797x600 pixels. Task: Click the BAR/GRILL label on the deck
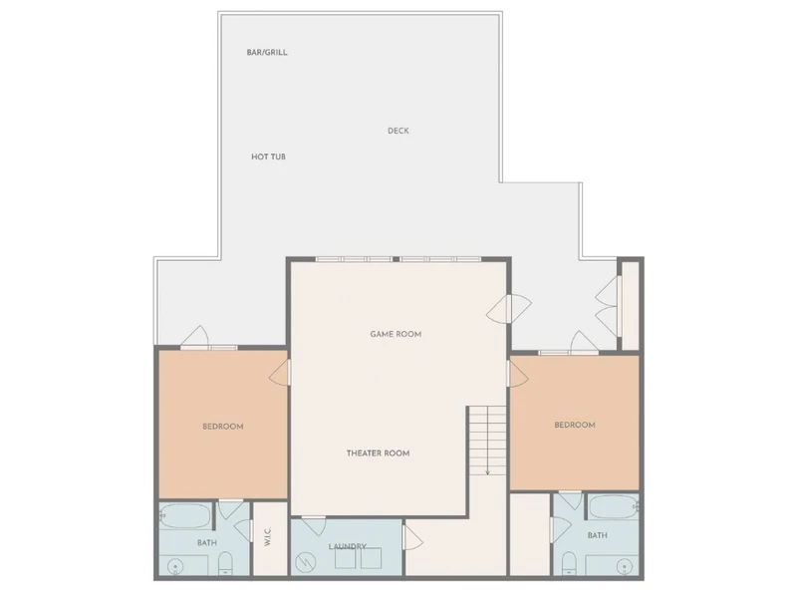(267, 53)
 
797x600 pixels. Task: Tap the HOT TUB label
(268, 156)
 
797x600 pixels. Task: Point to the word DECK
(398, 131)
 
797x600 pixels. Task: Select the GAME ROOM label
(396, 334)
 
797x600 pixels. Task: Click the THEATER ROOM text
(378, 453)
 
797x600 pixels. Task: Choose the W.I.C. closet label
(268, 537)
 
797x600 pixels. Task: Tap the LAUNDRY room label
(347, 546)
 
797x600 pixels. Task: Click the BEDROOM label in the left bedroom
(222, 427)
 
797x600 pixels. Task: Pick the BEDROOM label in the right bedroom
(575, 426)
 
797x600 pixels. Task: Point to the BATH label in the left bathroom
(207, 543)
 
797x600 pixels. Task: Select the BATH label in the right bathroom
(597, 535)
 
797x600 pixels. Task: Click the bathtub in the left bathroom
(184, 516)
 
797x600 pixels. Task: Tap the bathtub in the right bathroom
(614, 507)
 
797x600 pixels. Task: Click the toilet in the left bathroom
(225, 564)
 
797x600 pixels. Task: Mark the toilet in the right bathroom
(569, 564)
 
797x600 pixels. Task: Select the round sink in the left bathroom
(175, 566)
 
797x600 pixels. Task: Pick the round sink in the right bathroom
(625, 566)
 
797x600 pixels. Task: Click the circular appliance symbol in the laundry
(306, 562)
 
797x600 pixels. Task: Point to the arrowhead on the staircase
(487, 472)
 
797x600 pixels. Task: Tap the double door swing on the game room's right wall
(510, 309)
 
